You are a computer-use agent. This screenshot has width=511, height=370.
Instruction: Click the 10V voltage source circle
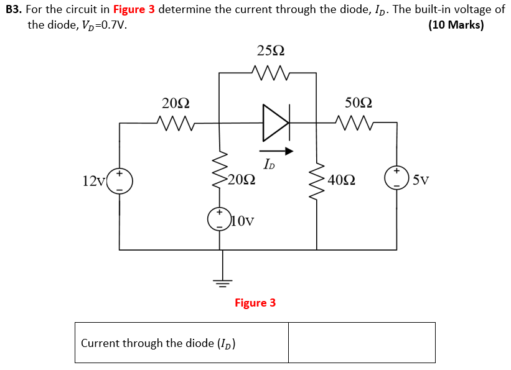[x=219, y=220]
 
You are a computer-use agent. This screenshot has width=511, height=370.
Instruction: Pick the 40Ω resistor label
[x=342, y=180]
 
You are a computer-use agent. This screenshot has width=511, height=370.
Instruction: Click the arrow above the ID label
[x=276, y=150]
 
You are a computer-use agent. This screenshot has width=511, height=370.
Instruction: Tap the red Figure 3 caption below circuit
[x=255, y=303]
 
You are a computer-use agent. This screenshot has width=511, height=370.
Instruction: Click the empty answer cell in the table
[x=362, y=343]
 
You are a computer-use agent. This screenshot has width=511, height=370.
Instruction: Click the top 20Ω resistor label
[x=176, y=103]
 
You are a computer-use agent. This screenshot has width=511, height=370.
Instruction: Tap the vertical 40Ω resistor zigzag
[x=317, y=180]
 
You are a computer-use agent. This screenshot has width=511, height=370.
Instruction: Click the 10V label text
[x=243, y=220]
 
